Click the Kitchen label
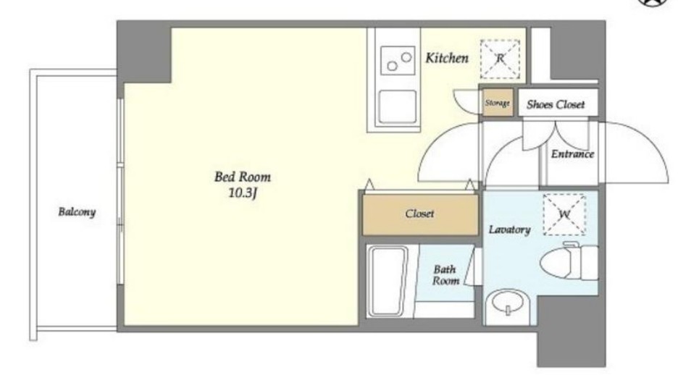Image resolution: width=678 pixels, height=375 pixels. (447, 58)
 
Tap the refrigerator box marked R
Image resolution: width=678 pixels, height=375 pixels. (500, 59)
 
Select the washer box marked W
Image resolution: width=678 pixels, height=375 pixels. (564, 214)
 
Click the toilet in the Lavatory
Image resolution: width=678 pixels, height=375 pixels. (569, 261)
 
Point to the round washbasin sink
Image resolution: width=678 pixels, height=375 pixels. (508, 307)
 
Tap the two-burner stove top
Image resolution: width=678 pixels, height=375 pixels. (396, 61)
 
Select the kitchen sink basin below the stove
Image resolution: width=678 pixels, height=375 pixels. (398, 106)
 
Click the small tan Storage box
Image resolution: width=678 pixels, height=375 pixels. (497, 103)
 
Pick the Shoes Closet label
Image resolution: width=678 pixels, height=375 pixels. (556, 104)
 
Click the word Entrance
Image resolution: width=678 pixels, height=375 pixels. (572, 154)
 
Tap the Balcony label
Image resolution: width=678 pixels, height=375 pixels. (77, 211)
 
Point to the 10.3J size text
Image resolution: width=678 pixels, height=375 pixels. (243, 193)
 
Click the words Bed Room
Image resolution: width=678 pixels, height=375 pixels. (243, 177)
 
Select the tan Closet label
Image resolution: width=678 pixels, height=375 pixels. (419, 214)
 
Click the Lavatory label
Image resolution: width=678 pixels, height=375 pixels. (509, 229)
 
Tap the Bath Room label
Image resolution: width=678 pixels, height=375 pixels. (445, 275)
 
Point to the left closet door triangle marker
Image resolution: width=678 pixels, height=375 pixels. (369, 185)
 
